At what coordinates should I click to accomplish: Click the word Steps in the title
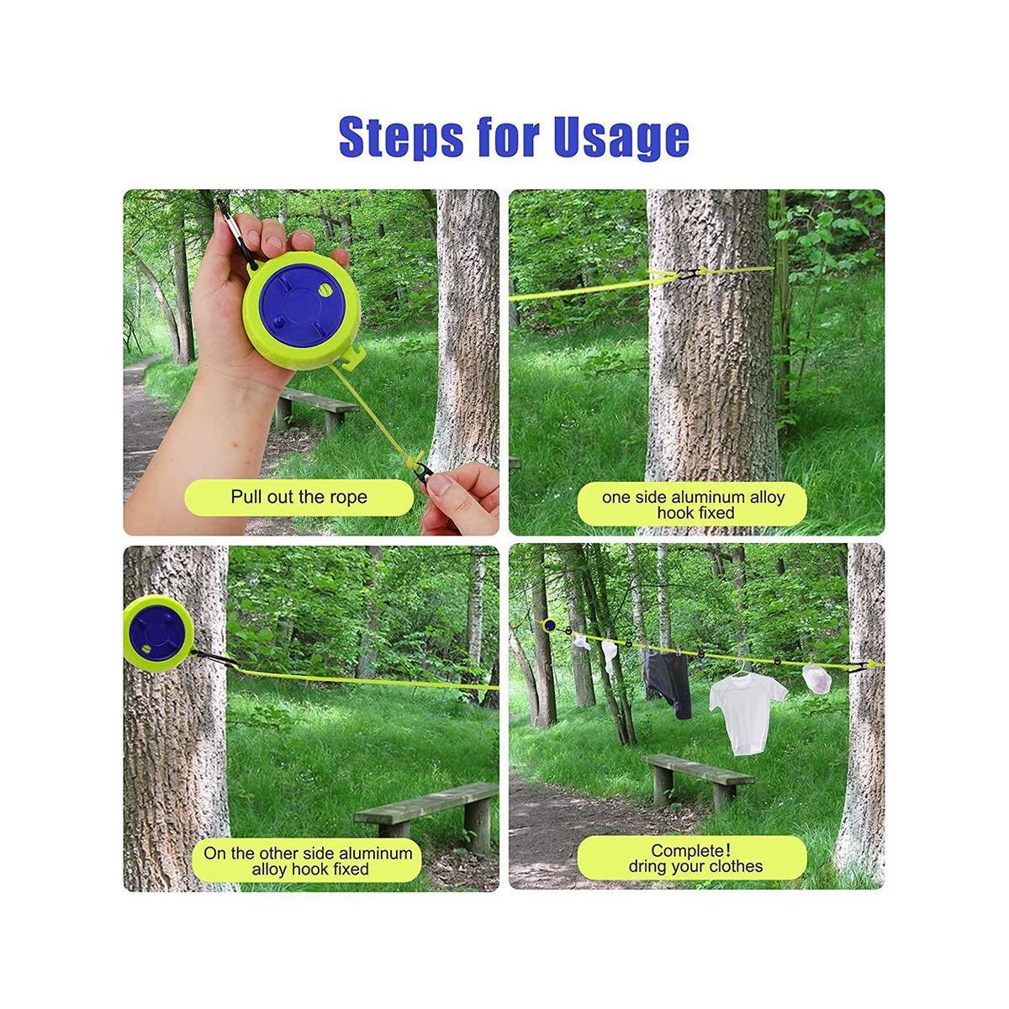[400, 138]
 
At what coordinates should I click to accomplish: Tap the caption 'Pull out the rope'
[299, 496]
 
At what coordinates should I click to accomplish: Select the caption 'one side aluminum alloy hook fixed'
[693, 504]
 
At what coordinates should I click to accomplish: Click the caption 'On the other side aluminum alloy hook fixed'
[308, 861]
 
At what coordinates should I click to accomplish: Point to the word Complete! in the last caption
[690, 850]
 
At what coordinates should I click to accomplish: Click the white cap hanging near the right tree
[817, 678]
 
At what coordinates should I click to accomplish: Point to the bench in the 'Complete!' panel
[697, 784]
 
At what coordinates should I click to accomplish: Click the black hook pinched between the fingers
[423, 474]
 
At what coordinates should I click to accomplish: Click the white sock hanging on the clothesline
[609, 656]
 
